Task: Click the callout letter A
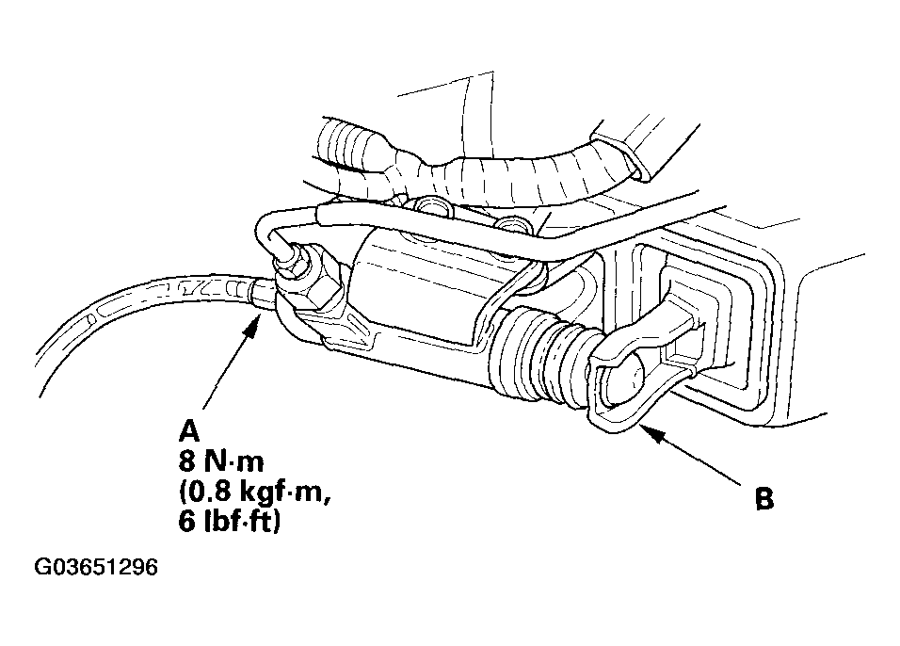pos(189,430)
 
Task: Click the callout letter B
pos(764,498)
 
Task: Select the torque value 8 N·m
pos(221,460)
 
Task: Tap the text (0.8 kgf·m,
pos(254,493)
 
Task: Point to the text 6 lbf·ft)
pos(230,522)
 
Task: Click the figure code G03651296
pos(96,567)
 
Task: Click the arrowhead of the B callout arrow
pos(646,430)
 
